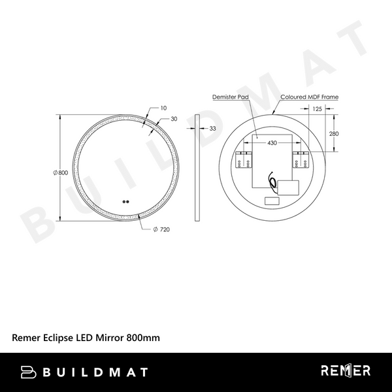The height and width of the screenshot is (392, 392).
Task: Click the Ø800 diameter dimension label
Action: (59, 172)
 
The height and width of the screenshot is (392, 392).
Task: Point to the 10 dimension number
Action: (163, 108)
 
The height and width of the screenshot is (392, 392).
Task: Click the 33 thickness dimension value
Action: (212, 129)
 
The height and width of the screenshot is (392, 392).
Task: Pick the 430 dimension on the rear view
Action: (272, 142)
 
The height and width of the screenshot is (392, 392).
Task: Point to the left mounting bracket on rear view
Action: (242, 159)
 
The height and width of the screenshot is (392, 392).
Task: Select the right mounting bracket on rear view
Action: (301, 159)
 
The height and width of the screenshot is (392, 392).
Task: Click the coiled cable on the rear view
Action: (271, 185)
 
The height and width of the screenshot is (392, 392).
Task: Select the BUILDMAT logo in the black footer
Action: (85, 372)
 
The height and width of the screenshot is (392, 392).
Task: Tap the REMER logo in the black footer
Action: (346, 371)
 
